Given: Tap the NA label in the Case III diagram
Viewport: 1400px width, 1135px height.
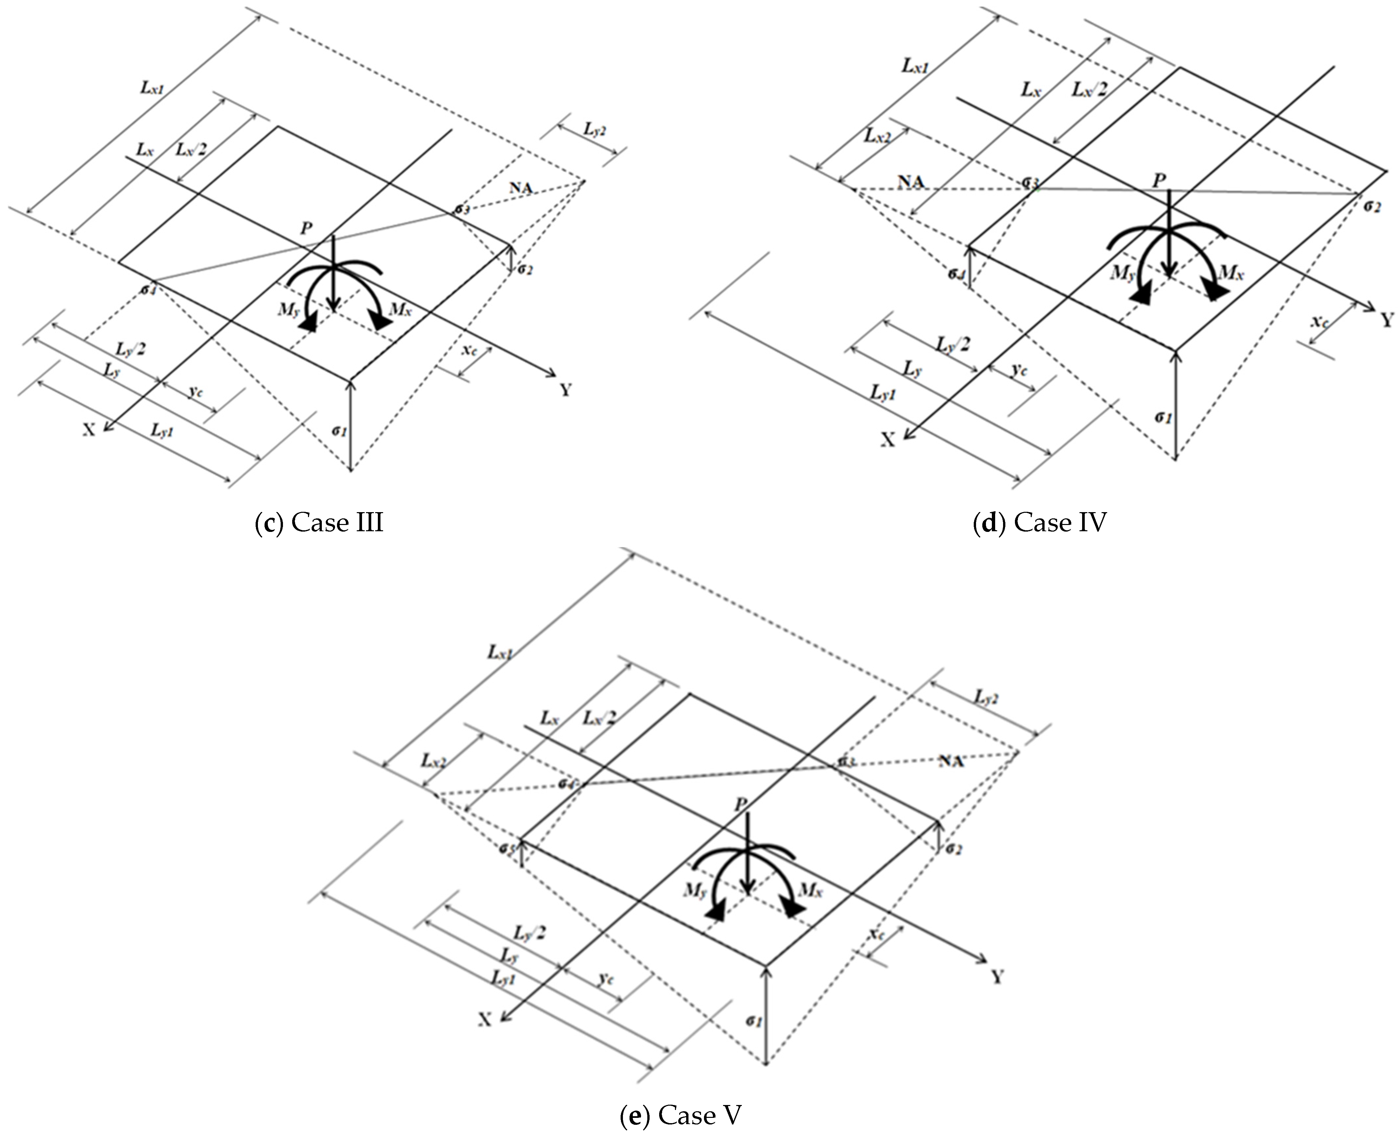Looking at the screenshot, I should pos(521,188).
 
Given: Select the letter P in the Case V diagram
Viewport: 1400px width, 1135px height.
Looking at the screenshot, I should pos(741,804).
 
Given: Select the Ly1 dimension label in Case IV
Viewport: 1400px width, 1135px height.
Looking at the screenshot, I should pos(883,393).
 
